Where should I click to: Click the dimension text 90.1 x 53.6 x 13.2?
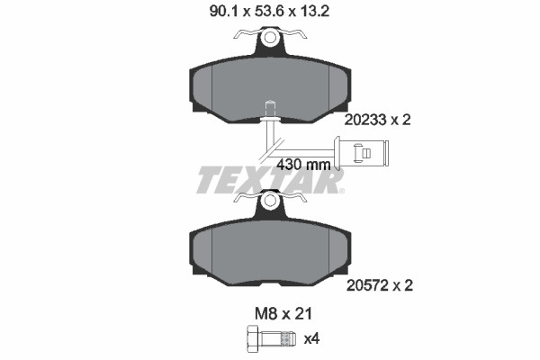click(269, 12)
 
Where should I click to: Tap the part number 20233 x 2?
click(377, 120)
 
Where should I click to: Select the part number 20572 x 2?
click(379, 285)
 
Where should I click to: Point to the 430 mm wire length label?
click(303, 165)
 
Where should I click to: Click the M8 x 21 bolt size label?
click(283, 314)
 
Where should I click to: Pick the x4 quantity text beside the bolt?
click(311, 339)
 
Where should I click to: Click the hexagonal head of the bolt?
click(254, 338)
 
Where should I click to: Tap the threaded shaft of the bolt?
click(278, 338)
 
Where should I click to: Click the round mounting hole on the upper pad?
click(270, 37)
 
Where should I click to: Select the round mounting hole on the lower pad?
click(270, 200)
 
